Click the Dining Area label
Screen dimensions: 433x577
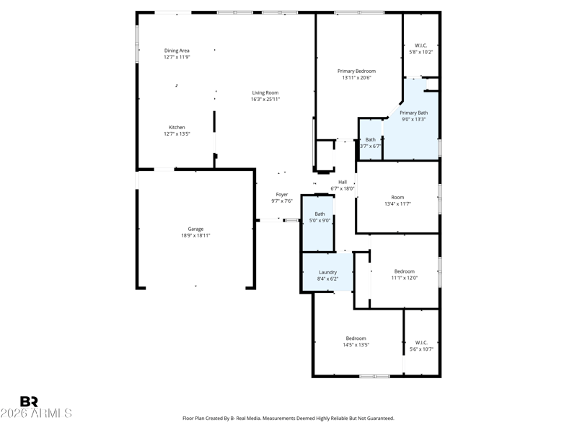(x=177, y=51)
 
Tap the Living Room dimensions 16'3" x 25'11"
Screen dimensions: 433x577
(x=265, y=99)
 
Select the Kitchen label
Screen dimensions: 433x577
(x=177, y=127)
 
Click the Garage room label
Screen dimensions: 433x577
(x=195, y=229)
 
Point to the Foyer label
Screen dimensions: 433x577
(x=281, y=194)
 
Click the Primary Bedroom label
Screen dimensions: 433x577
(x=356, y=71)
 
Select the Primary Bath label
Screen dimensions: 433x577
(x=413, y=113)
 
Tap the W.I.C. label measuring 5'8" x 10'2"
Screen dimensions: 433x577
(x=421, y=45)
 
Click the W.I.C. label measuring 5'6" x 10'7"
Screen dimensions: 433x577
(x=421, y=343)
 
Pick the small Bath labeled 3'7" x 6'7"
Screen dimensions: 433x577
(x=370, y=139)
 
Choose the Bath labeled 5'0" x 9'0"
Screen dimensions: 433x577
(x=320, y=214)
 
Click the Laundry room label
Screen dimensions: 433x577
(x=327, y=272)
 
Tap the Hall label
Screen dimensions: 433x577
(x=342, y=182)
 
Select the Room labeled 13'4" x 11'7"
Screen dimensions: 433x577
(x=397, y=197)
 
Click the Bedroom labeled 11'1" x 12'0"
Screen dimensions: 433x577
(x=404, y=271)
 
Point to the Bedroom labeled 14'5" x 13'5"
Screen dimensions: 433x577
(x=356, y=338)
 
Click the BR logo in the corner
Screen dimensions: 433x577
(x=29, y=401)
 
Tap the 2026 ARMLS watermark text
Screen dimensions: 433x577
(x=36, y=414)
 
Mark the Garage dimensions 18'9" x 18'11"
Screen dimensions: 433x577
(x=195, y=235)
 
